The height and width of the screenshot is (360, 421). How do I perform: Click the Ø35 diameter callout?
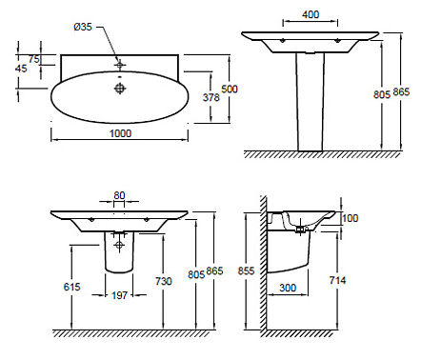(83, 27)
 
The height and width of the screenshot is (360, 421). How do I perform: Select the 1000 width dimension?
(120, 133)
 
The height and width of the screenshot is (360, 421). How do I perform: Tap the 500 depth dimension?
(230, 89)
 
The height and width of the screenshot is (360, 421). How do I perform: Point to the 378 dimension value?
(211, 97)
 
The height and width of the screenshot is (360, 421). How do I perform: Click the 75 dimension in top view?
(34, 59)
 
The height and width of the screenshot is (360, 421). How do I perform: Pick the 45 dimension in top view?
(21, 69)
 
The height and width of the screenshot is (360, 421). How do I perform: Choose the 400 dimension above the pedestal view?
(311, 14)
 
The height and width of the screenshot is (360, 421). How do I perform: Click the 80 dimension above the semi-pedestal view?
(119, 195)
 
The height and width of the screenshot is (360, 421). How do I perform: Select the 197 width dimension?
(119, 295)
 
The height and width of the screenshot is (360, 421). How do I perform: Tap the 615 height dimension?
(72, 287)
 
